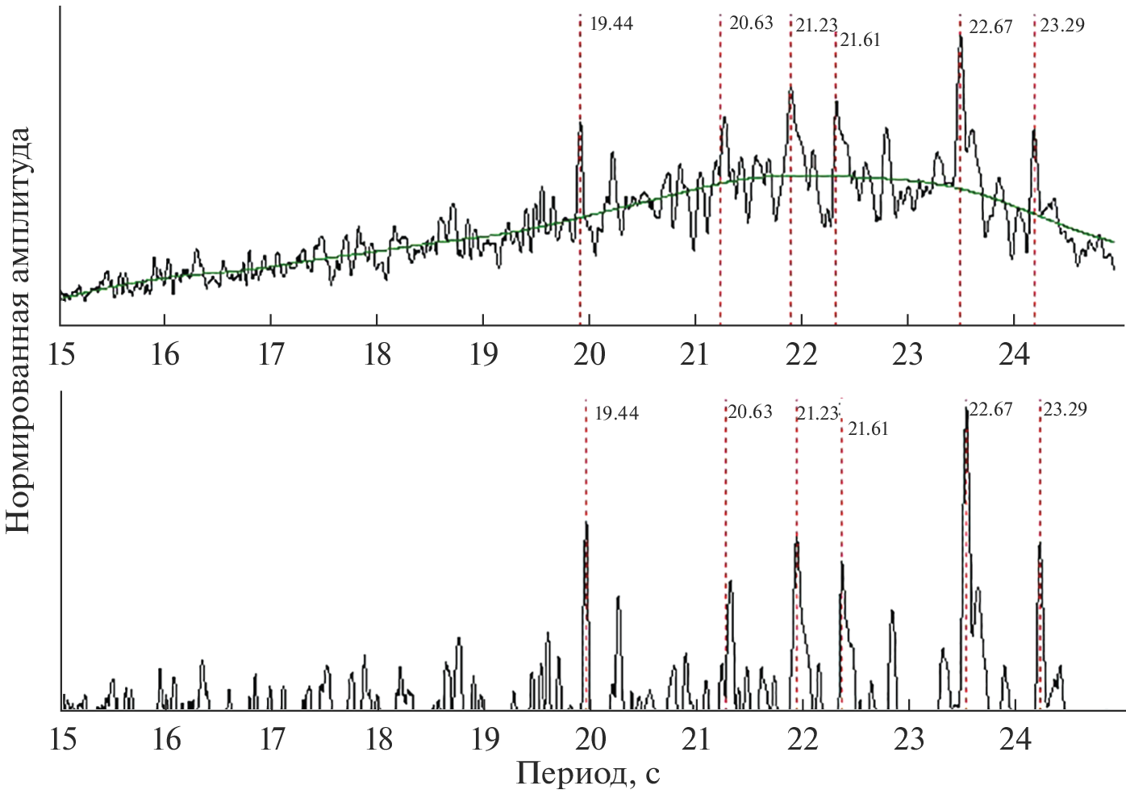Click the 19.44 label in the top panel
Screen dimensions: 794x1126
[x=611, y=23]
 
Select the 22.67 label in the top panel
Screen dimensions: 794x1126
[x=990, y=27]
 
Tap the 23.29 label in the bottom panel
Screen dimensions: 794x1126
[x=1065, y=409]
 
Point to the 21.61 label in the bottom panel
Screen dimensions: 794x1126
[x=868, y=428]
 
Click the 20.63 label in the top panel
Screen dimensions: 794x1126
[x=751, y=23]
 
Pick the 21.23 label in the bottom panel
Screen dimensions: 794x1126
[x=817, y=413]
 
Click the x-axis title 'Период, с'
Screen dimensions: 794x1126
[x=588, y=773]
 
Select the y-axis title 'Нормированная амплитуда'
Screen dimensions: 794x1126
[x=18, y=330]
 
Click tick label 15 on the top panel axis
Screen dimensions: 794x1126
[x=60, y=354]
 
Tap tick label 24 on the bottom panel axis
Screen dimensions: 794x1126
[x=1015, y=738]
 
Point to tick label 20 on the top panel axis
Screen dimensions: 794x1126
[x=590, y=354]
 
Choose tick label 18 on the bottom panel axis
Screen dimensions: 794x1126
[x=378, y=738]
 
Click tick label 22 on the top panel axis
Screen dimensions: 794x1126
[x=801, y=354]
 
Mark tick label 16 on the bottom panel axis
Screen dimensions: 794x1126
[x=166, y=738]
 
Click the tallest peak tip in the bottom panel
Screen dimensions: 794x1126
[x=965, y=408]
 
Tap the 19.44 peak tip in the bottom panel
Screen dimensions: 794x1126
[x=586, y=523]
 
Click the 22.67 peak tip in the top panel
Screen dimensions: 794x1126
[x=960, y=34]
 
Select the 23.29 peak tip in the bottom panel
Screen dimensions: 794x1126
[x=1040, y=542]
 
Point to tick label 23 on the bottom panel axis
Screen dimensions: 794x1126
[x=909, y=738]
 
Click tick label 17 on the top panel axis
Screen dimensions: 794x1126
[x=271, y=354]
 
